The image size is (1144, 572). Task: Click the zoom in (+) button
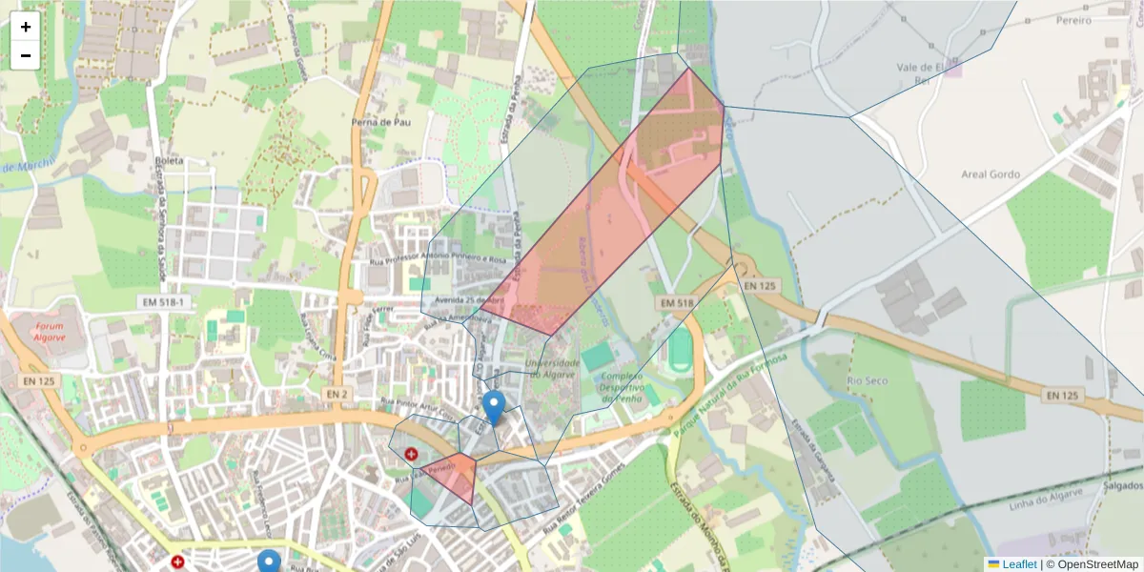pyautogui.click(x=26, y=27)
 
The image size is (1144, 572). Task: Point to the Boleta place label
pyautogui.click(x=170, y=161)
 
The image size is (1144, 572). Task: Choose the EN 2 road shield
pyautogui.click(x=336, y=394)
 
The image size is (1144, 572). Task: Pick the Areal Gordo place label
pyautogui.click(x=991, y=174)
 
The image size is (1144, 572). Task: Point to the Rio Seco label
pyautogui.click(x=867, y=381)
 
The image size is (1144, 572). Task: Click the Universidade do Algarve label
pyautogui.click(x=552, y=368)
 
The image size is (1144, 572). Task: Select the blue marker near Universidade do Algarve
pyautogui.click(x=493, y=406)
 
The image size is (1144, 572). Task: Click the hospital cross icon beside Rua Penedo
pyautogui.click(x=411, y=456)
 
